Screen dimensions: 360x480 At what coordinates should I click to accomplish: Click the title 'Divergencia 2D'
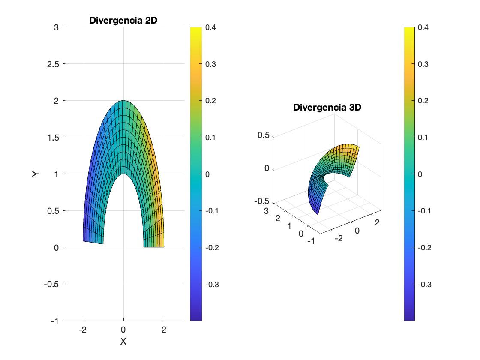(x=123, y=20)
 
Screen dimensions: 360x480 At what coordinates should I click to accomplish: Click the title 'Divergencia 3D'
(x=327, y=107)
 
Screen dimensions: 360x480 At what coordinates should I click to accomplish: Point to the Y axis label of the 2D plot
(x=36, y=174)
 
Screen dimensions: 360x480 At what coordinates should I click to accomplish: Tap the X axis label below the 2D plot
(x=123, y=342)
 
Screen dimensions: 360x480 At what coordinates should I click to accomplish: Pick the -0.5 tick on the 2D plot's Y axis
(x=51, y=284)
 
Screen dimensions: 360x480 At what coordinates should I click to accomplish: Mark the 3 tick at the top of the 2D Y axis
(x=56, y=27)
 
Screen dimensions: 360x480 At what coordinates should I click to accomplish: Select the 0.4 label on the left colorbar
(x=210, y=27)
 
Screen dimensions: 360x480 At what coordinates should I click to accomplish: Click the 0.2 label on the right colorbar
(x=423, y=101)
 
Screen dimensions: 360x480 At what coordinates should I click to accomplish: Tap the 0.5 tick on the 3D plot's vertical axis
(x=263, y=135)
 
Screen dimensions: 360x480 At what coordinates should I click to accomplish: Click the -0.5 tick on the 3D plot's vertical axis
(x=262, y=201)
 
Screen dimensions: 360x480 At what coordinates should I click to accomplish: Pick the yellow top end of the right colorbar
(x=409, y=30)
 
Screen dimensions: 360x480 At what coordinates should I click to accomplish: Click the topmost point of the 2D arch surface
(x=123, y=101)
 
